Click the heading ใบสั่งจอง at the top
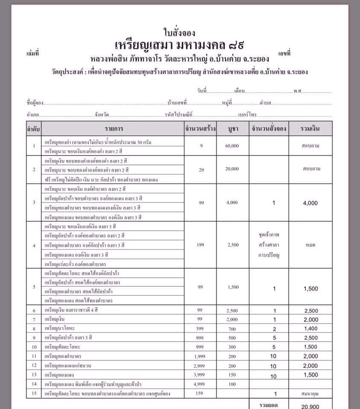tap(179, 32)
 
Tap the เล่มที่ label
tap(32, 54)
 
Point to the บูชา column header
tap(233, 128)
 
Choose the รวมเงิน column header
tap(310, 128)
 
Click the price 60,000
tap(232, 146)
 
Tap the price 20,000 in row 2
tap(232, 169)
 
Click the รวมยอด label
tap(269, 404)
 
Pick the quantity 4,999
tap(200, 384)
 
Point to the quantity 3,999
tap(200, 375)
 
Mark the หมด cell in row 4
tap(310, 245)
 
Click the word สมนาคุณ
tap(310, 394)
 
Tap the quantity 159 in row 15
tap(200, 393)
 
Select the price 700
tap(232, 329)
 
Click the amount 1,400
tap(310, 329)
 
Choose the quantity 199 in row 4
tap(200, 245)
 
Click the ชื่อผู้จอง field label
tap(35, 103)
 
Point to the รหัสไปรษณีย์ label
tap(179, 115)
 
